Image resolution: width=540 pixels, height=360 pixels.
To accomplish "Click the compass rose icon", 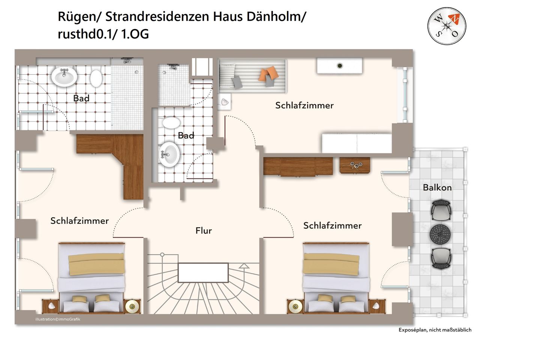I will pos(447,26).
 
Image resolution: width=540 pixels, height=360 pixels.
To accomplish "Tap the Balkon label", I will pos(437,187).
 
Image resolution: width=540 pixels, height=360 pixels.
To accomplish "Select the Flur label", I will pos(204,231).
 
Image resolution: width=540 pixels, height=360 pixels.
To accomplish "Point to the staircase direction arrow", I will pos(244,266).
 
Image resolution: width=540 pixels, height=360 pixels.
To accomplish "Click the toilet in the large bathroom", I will pos(96,78).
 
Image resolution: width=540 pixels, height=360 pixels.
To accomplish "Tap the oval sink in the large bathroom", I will pos(64,76).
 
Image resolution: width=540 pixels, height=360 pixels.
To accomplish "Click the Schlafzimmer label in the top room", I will pos(304,105).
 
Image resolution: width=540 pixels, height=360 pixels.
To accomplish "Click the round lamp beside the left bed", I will pos(132,306).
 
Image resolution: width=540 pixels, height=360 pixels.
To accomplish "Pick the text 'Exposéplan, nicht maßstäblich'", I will pos(435,330).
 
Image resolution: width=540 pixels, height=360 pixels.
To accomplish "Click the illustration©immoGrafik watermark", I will pos(58,319).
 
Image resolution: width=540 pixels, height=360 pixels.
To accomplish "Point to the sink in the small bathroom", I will pos(169,154).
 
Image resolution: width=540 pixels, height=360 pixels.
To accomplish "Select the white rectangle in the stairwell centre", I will pos(203,273).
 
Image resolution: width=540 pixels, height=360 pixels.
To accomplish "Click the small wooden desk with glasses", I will pos(355,165).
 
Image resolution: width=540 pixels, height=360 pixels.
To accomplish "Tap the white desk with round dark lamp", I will pos(339,66).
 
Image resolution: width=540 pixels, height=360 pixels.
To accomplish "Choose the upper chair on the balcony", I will pos(441,210).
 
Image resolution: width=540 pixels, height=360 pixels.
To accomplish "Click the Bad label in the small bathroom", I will pos(186,135).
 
